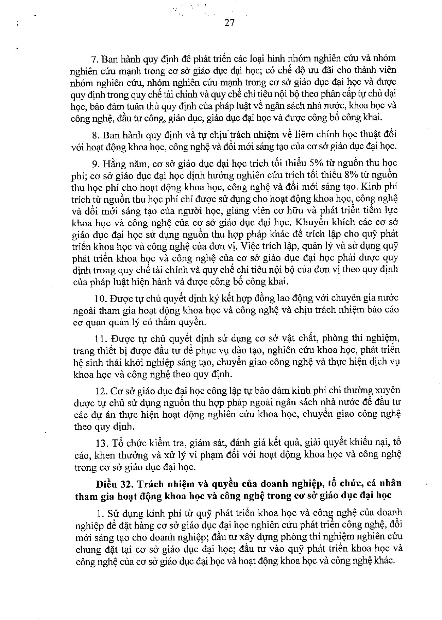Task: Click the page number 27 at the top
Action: [229, 23]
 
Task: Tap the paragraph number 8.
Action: [94, 135]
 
